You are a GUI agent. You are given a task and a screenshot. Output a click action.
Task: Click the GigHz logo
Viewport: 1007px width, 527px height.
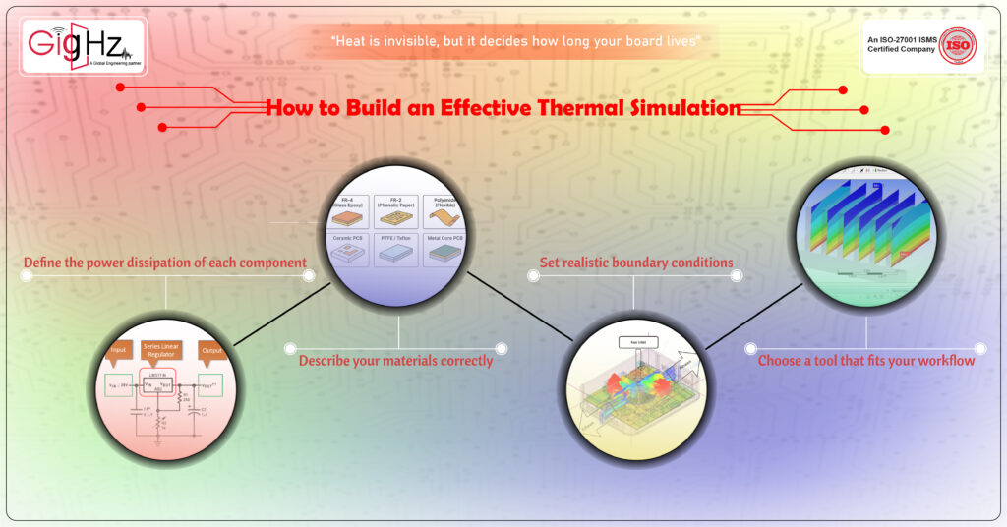click(84, 46)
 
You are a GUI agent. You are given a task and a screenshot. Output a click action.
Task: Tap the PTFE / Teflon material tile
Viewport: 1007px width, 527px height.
click(395, 249)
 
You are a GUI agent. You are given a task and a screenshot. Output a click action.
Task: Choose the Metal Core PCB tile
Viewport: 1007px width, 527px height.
click(446, 249)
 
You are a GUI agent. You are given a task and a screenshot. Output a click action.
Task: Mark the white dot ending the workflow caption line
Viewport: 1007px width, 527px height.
click(980, 348)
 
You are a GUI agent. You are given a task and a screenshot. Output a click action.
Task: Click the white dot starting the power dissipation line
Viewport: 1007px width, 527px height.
click(27, 276)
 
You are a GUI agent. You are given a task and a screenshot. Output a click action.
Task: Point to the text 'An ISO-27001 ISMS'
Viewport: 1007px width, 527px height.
click(898, 39)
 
